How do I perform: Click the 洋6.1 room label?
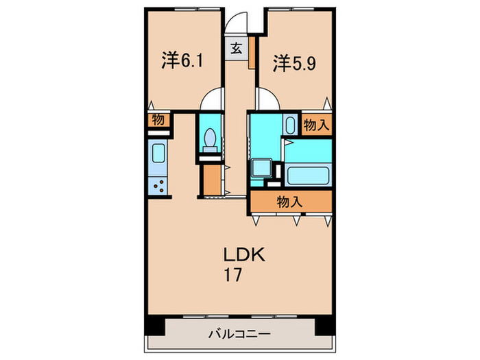click(182, 60)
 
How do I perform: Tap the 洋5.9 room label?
click(294, 63)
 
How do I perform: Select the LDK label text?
click(244, 254)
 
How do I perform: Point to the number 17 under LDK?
click(233, 274)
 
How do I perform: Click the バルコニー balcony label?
click(240, 333)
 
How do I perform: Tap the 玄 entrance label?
click(237, 49)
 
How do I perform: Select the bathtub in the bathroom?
click(308, 176)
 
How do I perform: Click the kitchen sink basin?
click(158, 154)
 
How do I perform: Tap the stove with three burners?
click(158, 186)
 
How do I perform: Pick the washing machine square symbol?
click(261, 168)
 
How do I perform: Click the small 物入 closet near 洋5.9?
click(317, 125)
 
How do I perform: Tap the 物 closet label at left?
click(158, 120)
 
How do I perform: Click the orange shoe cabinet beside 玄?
click(252, 53)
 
